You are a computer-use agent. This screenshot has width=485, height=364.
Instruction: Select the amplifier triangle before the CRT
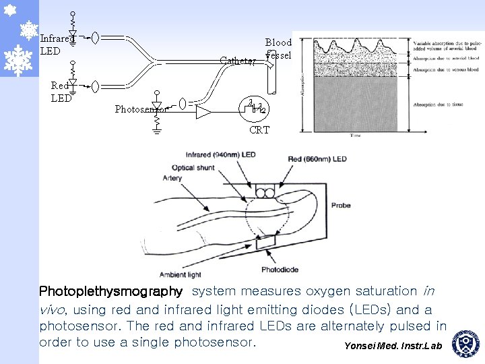tap(203, 112)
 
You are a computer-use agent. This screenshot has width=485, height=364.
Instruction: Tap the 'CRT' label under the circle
tap(259, 129)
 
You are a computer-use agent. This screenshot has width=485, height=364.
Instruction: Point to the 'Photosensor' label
tap(140, 109)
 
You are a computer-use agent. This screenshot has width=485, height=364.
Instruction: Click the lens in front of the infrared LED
tap(96, 38)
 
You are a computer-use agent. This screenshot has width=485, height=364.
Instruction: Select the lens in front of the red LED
tap(96, 86)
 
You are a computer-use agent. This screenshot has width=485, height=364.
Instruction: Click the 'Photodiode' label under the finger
tap(280, 270)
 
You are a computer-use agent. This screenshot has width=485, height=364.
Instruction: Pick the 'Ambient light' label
tap(181, 274)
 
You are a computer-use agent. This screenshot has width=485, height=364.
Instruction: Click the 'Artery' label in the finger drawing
tap(172, 179)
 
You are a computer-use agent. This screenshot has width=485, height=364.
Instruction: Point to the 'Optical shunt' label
tap(192, 167)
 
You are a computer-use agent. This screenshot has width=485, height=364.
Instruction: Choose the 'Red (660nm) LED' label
tap(317, 159)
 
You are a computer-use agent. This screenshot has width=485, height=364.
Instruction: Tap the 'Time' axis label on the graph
tap(355, 135)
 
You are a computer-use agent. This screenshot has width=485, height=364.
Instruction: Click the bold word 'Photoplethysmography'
tap(111, 292)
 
